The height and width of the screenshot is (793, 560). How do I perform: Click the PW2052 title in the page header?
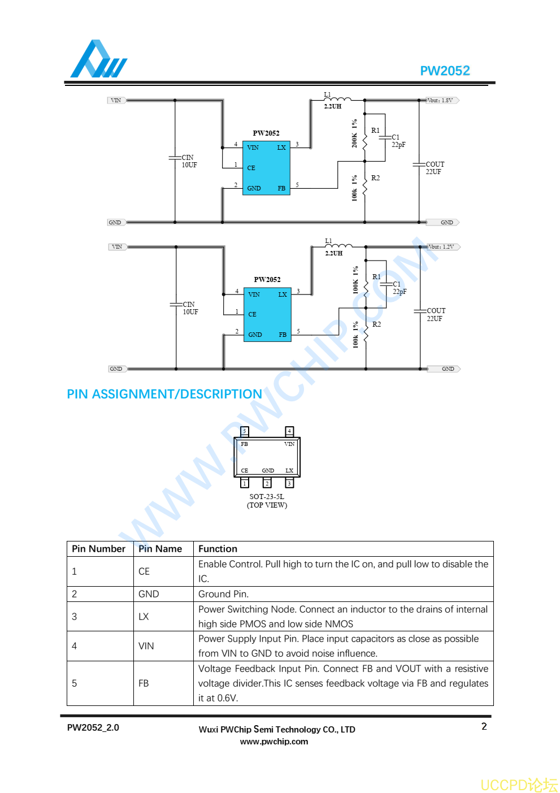(x=445, y=71)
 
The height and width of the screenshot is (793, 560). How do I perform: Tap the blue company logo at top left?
(x=98, y=59)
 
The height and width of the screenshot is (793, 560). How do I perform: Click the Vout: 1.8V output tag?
(x=441, y=101)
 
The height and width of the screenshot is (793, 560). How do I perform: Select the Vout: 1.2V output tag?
(x=442, y=247)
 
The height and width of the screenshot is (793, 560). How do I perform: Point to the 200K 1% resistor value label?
(x=354, y=133)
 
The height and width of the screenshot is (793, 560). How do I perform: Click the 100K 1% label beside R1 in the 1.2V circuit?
(x=355, y=280)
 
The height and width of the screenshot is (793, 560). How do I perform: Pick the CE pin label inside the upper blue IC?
(x=251, y=168)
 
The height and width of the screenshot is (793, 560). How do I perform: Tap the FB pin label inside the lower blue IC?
(x=283, y=335)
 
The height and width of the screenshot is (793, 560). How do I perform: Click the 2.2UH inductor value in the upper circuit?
(x=333, y=106)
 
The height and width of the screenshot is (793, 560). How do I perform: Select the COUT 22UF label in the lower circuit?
(x=436, y=315)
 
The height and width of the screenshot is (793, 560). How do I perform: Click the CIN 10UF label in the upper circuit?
(x=189, y=161)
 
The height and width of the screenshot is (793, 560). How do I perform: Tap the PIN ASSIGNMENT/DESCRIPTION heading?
(x=164, y=394)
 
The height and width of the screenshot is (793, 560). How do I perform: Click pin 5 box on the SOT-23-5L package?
(x=245, y=431)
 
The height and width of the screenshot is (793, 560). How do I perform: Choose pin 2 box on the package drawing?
(x=267, y=483)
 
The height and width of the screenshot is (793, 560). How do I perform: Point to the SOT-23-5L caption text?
(x=267, y=497)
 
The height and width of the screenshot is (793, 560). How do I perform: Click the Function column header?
(x=218, y=549)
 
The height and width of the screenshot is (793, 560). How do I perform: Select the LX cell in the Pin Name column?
(x=144, y=617)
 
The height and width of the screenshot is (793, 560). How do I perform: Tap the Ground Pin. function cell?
(x=223, y=594)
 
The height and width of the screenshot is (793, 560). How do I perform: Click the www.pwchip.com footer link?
(x=274, y=742)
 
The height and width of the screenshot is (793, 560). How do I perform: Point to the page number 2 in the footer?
(x=484, y=726)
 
